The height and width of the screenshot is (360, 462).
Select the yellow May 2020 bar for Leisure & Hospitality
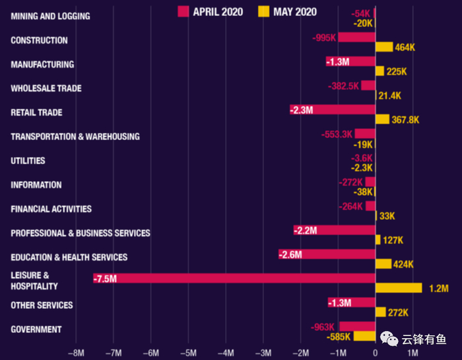[x=399, y=288]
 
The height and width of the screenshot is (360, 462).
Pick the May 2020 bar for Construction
[x=384, y=47]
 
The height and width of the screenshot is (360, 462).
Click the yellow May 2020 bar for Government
[x=364, y=336]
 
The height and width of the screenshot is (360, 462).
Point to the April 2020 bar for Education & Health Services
[x=327, y=254]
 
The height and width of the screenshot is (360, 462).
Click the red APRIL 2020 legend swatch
[x=183, y=11]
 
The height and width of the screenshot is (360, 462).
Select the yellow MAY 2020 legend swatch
[x=263, y=11]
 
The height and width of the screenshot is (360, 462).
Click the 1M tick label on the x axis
[x=413, y=353]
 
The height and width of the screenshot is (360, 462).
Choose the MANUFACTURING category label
[x=42, y=65]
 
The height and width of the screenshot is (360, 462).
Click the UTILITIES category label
[x=28, y=161]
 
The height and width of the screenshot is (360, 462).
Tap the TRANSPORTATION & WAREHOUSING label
[x=75, y=137]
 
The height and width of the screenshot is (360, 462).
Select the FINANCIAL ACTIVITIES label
[x=51, y=209]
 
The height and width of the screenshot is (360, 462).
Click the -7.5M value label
[x=105, y=279]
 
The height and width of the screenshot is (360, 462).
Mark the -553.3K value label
[x=337, y=134]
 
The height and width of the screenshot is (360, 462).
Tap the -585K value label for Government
[x=339, y=337]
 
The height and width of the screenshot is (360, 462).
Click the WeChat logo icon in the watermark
[x=391, y=340]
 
